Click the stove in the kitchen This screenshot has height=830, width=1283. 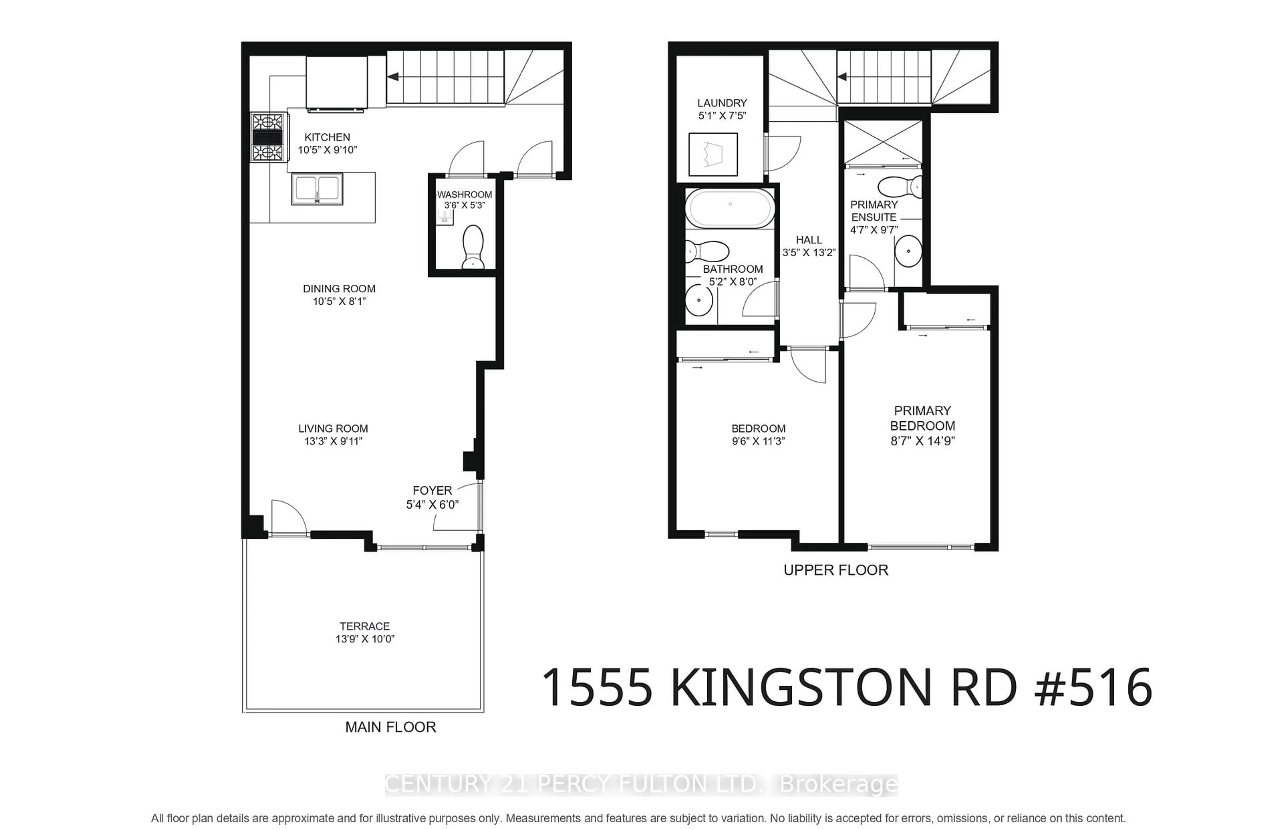(268, 137)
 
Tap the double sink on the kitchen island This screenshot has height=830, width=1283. (317, 189)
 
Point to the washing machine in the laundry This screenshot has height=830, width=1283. (713, 154)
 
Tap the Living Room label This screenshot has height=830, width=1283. (333, 428)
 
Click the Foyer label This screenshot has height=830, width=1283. (432, 491)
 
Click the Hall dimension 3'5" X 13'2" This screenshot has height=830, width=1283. (809, 252)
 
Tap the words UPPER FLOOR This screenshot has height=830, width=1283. (835, 570)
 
